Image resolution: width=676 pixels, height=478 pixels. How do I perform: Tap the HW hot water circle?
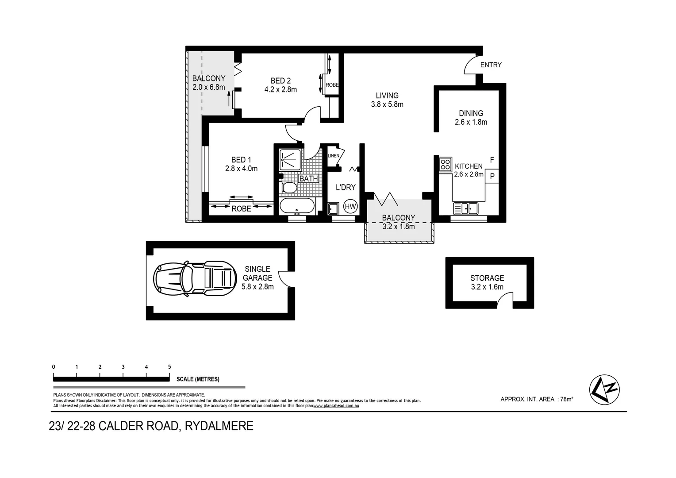click(x=350, y=207)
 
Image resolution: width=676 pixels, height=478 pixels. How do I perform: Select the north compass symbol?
click(x=604, y=389)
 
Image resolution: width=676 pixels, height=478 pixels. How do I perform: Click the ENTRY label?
click(x=491, y=65)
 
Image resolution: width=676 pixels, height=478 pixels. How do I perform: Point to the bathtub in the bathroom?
click(x=297, y=206)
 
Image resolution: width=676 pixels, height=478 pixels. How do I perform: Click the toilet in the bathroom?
click(x=289, y=188)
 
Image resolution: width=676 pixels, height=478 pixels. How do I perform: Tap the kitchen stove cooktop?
click(x=445, y=165)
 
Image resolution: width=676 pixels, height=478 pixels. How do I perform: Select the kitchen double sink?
click(x=465, y=208)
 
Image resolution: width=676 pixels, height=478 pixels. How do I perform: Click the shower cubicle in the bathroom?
click(x=290, y=158)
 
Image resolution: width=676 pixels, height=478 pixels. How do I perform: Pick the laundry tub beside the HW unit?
click(x=334, y=208)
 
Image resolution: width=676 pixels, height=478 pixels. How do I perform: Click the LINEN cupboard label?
click(x=334, y=156)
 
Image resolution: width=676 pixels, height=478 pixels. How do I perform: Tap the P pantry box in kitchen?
click(x=492, y=176)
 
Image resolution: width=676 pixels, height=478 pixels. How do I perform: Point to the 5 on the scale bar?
click(x=169, y=367)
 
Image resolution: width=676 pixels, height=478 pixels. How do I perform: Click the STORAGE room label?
click(x=487, y=278)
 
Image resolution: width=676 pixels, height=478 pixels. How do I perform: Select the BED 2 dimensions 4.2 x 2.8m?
click(x=280, y=89)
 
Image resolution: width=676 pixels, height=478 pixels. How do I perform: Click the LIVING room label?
click(x=387, y=96)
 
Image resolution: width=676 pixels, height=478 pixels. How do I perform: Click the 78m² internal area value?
click(x=566, y=399)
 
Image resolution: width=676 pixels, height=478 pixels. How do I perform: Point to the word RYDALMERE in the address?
click(x=219, y=426)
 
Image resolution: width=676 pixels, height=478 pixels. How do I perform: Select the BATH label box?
click(x=308, y=178)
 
